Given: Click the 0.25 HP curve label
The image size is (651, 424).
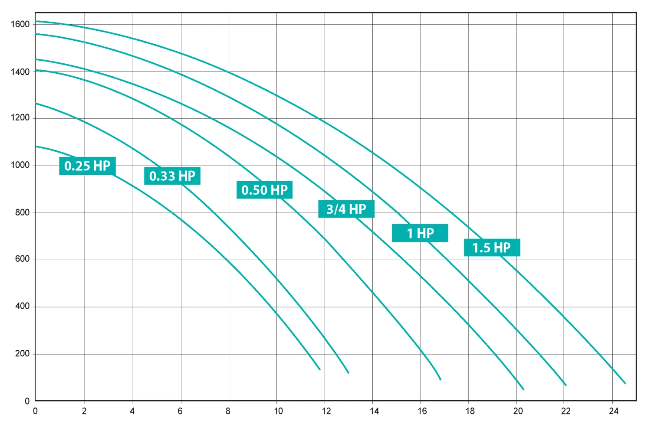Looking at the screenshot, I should (x=87, y=166).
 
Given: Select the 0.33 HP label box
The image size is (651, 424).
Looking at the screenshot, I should (x=172, y=176).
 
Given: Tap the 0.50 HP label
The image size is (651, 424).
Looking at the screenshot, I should (x=264, y=190).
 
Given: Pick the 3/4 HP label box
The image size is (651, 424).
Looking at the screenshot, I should (x=346, y=209).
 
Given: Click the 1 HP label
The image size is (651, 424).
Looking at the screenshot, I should (x=420, y=233).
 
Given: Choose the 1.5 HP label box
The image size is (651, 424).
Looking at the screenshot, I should (x=492, y=248).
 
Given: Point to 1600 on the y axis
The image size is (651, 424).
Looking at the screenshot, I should (x=20, y=24).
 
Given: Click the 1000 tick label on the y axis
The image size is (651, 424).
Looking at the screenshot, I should (x=20, y=165).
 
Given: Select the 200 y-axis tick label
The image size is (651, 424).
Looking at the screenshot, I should (x=22, y=354).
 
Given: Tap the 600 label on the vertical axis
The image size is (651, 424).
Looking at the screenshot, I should (x=22, y=259).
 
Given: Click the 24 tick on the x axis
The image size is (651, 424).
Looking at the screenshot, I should (x=613, y=411).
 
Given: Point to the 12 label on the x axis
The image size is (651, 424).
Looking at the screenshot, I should (x=326, y=411).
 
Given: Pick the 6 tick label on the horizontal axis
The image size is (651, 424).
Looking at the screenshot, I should (x=180, y=411).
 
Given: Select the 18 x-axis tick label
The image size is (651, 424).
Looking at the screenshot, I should (x=470, y=411).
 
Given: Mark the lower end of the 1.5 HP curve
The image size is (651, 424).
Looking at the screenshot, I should (x=625, y=383).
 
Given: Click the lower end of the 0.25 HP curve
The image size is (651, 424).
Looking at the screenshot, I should (x=320, y=369).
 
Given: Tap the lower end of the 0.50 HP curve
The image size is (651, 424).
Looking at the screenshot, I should (x=441, y=380).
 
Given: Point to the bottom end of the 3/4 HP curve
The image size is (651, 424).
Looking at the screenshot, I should (x=524, y=389).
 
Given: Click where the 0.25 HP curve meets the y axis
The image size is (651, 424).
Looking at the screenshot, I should (x=36, y=147).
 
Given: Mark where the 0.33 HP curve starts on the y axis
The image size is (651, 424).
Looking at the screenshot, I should (x=36, y=103).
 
